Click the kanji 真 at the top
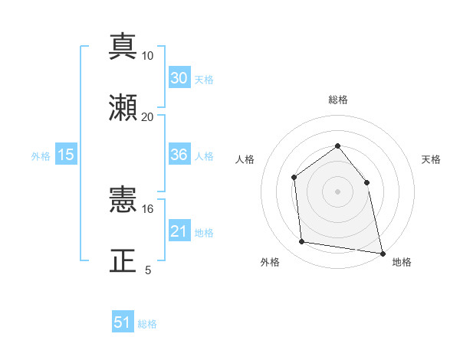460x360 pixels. [123, 47]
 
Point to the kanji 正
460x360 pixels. [123, 260]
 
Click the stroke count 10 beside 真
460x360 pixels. [148, 56]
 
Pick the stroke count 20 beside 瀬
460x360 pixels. [148, 116]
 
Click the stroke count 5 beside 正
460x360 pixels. [148, 270]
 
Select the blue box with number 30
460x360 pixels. [179, 78]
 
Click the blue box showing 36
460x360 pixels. [179, 155]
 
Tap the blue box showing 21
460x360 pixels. [179, 231]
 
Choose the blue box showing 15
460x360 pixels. [66, 155]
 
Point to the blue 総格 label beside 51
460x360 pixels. [147, 324]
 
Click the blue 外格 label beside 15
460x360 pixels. [41, 155]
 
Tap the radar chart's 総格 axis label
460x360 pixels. [337, 100]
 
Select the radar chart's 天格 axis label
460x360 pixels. [431, 159]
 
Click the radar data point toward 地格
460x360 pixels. [381, 252]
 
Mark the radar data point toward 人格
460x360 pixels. [294, 178]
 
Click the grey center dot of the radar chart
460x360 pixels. [337, 191]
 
